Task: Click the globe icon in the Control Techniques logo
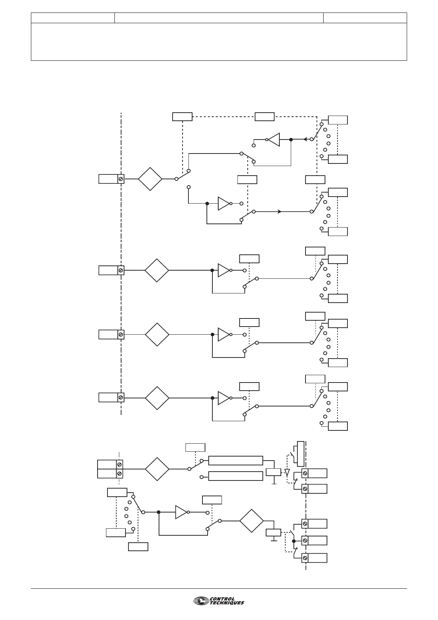click(201, 601)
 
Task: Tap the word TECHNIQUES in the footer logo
click(227, 603)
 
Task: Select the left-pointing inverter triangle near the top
click(273, 140)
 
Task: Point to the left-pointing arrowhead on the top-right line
click(305, 140)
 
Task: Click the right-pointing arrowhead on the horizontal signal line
click(280, 212)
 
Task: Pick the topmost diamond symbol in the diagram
click(150, 179)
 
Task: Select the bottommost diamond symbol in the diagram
click(252, 521)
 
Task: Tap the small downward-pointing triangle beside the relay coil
click(287, 472)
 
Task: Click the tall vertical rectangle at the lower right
click(301, 454)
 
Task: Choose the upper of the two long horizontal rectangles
click(236, 461)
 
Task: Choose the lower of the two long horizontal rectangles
click(236, 476)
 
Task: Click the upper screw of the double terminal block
click(120, 465)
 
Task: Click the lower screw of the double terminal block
click(120, 473)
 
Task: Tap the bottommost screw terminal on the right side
click(305, 558)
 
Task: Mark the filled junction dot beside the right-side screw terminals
click(294, 541)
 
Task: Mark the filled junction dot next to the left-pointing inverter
click(291, 140)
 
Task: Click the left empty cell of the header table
click(73, 18)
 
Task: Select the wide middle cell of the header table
click(219, 18)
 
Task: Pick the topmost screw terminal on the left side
click(121, 179)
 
